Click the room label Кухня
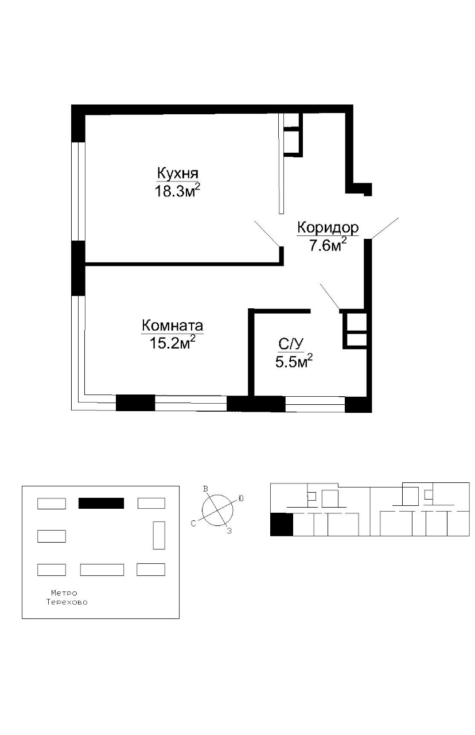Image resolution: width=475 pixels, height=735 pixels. [x=178, y=173]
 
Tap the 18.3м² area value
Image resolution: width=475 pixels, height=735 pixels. [x=177, y=191]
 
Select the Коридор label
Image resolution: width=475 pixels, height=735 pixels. [x=328, y=227]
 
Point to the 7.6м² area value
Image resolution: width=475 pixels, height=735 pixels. [x=328, y=245]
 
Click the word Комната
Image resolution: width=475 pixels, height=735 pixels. [x=173, y=326]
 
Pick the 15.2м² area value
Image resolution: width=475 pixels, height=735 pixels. [x=173, y=343]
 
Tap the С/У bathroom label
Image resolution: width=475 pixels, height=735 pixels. [x=291, y=345]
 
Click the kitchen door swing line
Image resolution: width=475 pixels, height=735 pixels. [x=267, y=234]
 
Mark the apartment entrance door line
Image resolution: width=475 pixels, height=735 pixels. [x=385, y=228]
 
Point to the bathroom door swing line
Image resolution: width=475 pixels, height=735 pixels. [x=330, y=296]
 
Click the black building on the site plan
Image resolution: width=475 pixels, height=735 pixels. [x=101, y=503]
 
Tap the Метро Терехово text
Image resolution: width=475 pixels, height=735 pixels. [x=67, y=598]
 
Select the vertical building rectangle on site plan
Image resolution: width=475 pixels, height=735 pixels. [x=159, y=535]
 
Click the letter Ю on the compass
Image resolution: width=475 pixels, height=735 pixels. [x=241, y=498]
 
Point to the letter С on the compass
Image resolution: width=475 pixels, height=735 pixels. [x=193, y=524]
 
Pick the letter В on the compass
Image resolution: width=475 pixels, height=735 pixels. [x=205, y=489]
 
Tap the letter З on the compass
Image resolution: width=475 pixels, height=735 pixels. [x=229, y=531]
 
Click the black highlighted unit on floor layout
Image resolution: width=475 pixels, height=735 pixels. [x=281, y=524]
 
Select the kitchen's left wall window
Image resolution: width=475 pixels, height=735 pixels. [x=79, y=191]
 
